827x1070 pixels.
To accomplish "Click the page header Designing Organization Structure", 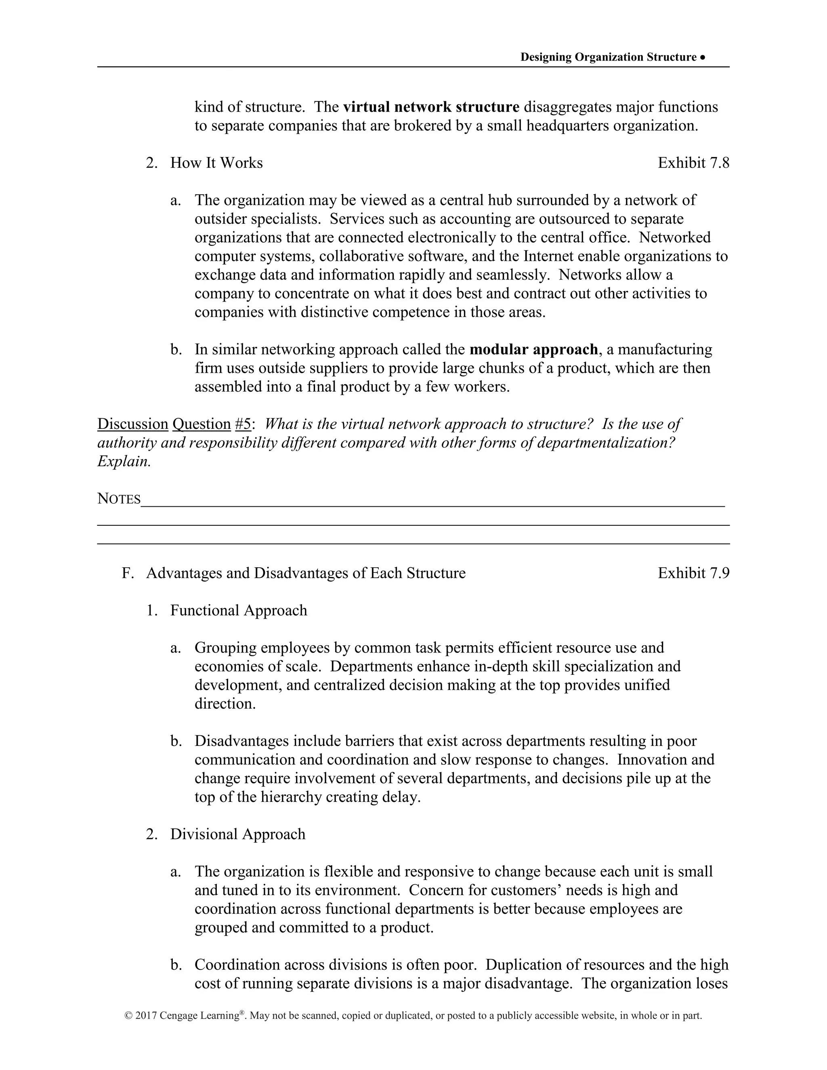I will [x=608, y=57].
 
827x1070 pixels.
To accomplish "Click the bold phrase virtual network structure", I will [x=431, y=107].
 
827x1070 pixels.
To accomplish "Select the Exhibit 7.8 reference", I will [x=693, y=163].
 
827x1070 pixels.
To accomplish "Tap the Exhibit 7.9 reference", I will [x=693, y=573].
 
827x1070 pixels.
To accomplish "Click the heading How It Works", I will [x=216, y=163].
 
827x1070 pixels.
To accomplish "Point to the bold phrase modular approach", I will [x=533, y=349].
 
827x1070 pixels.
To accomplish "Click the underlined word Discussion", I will [x=132, y=424].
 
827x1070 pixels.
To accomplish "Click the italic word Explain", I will [x=124, y=461].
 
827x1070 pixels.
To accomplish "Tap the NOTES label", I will [x=119, y=499].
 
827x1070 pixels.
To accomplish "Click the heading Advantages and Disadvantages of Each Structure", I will [x=306, y=573].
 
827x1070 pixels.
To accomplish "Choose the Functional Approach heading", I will [x=239, y=611].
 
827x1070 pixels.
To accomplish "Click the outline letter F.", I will [x=127, y=573].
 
